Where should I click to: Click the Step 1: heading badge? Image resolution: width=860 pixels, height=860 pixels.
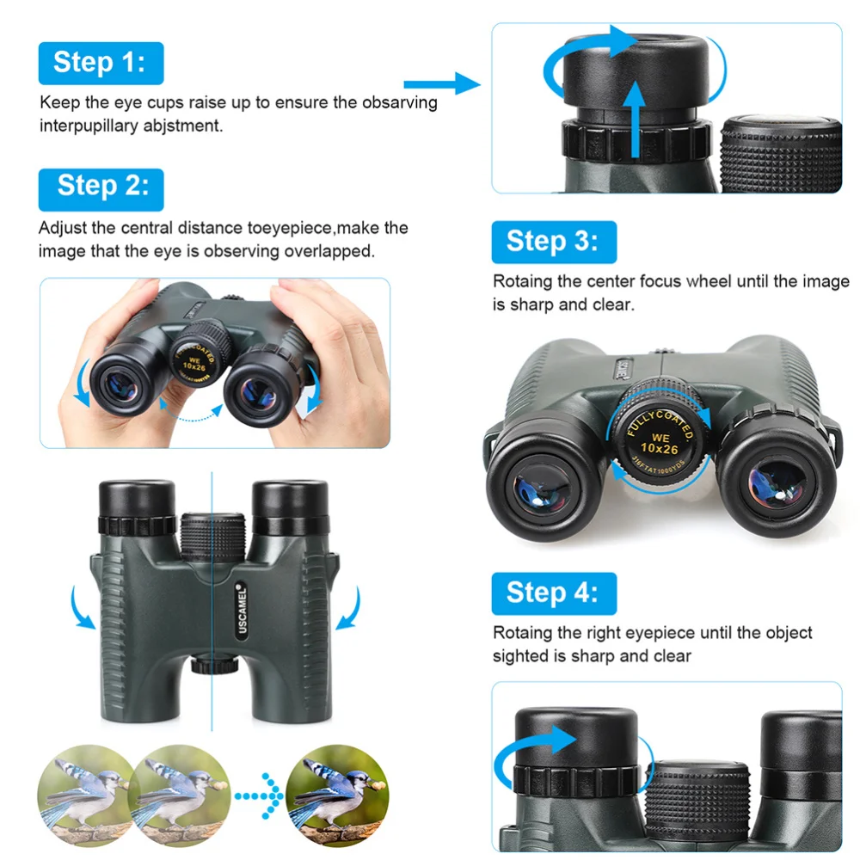[x=101, y=63]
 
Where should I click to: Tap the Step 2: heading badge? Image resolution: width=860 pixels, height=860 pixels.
[x=101, y=187]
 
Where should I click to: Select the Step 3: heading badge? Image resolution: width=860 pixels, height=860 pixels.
[x=554, y=242]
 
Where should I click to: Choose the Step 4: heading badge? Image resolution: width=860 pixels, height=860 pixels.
[x=554, y=593]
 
